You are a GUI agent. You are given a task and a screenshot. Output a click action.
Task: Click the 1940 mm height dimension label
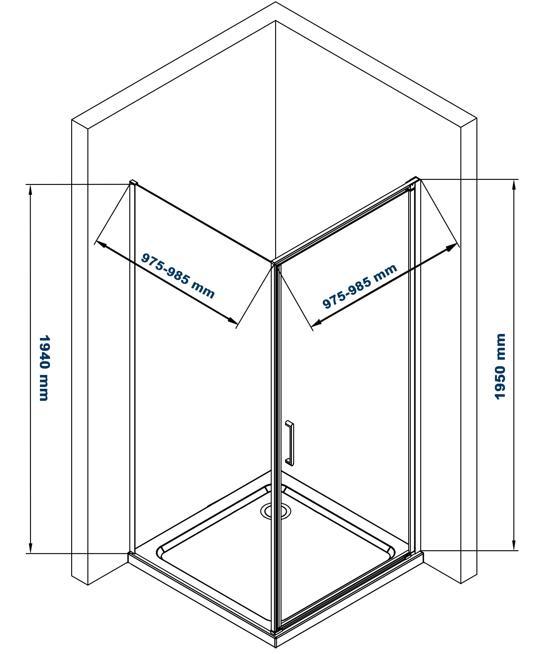coord(44,369)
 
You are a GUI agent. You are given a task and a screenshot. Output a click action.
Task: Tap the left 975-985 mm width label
coord(178,276)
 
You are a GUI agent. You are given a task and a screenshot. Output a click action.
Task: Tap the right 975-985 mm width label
coord(360,287)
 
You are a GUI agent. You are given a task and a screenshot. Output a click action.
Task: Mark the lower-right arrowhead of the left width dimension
coord(232,321)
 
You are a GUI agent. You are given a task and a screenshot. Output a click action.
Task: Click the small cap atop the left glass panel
coord(133,182)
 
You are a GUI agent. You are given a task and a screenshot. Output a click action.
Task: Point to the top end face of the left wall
coord(80,124)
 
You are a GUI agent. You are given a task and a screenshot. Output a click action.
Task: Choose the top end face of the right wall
coord(469,123)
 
